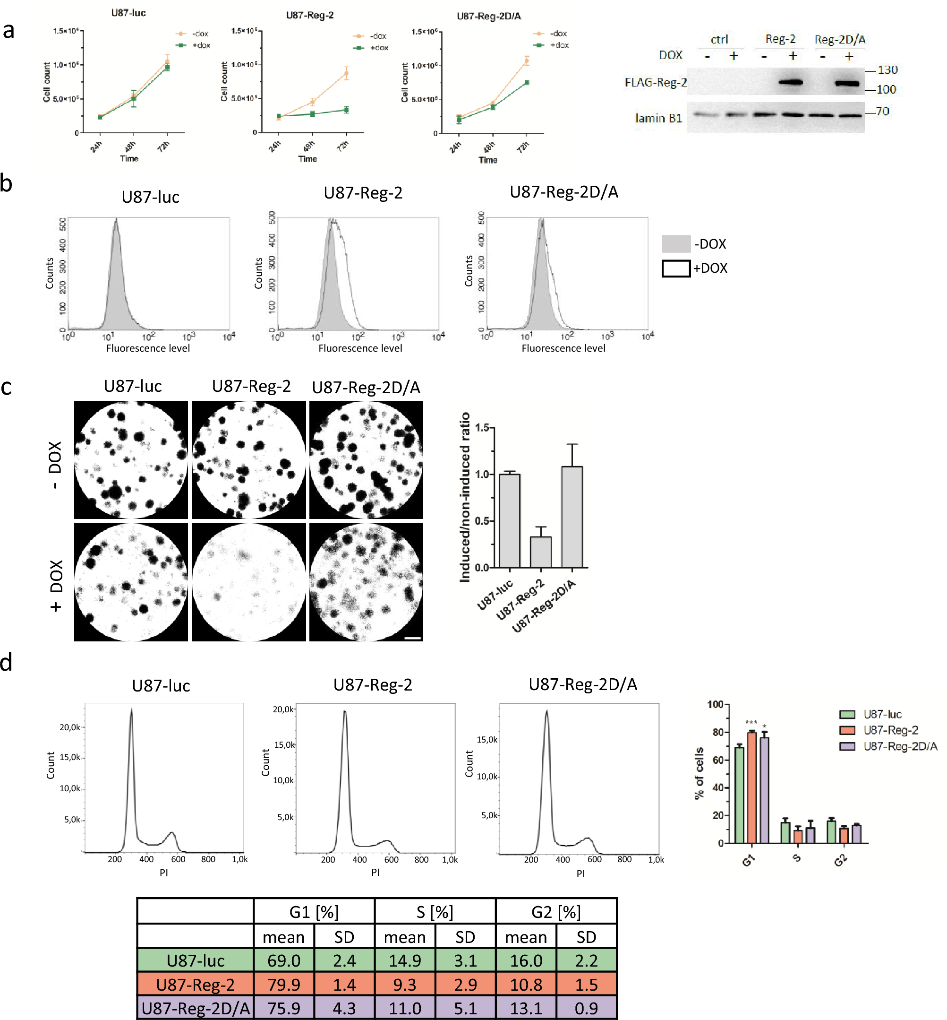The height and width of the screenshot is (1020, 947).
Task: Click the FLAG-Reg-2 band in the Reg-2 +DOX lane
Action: tap(792, 82)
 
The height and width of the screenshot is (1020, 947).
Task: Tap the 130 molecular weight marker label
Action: tap(887, 70)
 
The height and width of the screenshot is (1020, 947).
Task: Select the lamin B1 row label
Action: tap(658, 119)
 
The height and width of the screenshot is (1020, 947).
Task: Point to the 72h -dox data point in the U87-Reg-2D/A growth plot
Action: tap(526, 61)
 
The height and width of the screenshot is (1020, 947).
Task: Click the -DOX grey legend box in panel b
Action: tap(676, 244)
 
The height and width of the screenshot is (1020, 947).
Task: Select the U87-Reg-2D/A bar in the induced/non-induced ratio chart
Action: tap(572, 517)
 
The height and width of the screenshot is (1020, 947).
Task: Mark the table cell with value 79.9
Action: tap(284, 985)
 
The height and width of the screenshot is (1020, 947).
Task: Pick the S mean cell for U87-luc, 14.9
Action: tap(405, 960)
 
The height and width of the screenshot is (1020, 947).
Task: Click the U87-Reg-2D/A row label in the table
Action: tap(195, 1008)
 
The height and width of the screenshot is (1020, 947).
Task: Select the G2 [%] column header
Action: tap(556, 912)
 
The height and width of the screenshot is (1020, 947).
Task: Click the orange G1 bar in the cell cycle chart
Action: tap(752, 788)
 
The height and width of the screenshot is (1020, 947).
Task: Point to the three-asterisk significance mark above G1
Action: tap(751, 723)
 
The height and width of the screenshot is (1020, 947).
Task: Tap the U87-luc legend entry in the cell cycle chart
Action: tap(881, 714)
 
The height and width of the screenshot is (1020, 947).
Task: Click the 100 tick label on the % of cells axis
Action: tap(715, 705)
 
